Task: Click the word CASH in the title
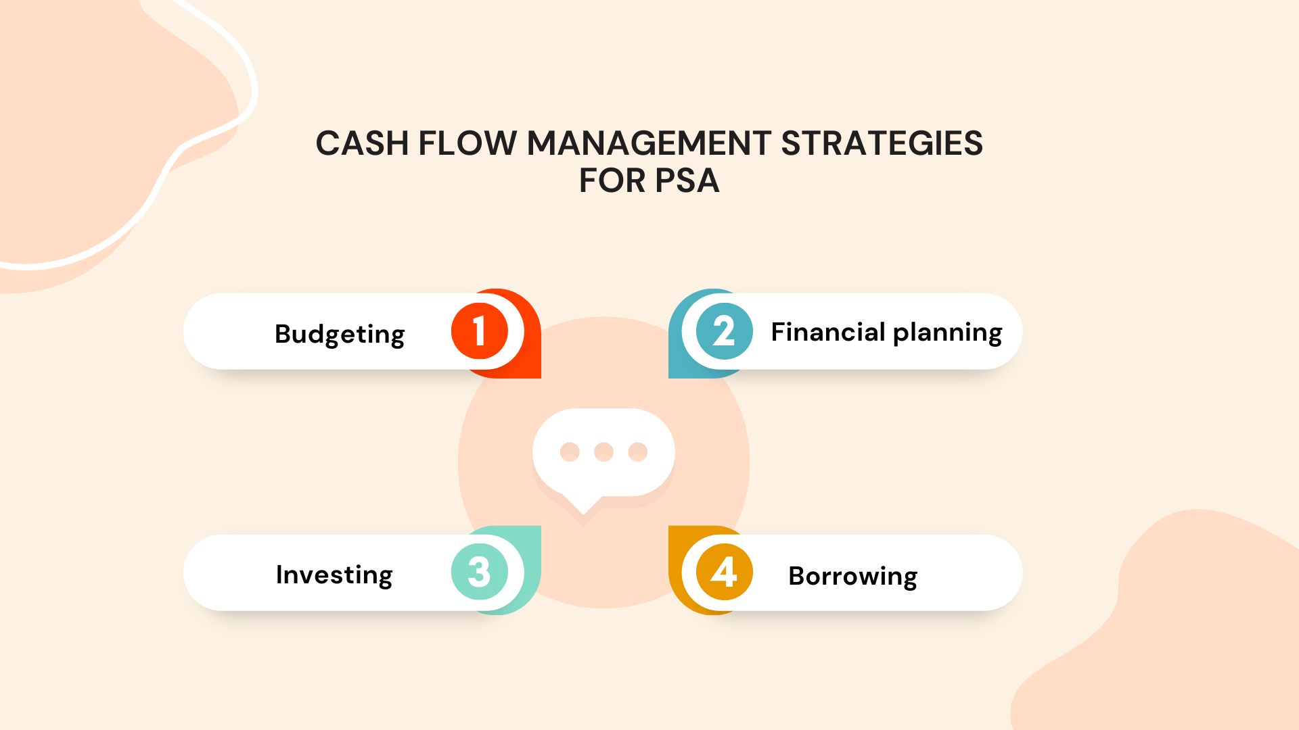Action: click(x=362, y=143)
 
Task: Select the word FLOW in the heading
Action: click(x=467, y=143)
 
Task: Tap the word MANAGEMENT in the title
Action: click(x=649, y=143)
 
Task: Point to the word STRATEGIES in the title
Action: click(x=882, y=143)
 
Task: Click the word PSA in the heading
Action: click(x=687, y=180)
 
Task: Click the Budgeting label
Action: click(x=340, y=334)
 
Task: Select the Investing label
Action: click(x=334, y=575)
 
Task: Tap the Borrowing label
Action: click(x=852, y=576)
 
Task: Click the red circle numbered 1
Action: click(x=480, y=331)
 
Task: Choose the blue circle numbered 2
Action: click(x=724, y=331)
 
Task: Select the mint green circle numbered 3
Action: click(x=480, y=572)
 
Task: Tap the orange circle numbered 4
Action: click(x=724, y=572)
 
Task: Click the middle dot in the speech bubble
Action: click(x=603, y=452)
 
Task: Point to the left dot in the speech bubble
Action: click(x=570, y=452)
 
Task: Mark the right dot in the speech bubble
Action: click(x=637, y=452)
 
